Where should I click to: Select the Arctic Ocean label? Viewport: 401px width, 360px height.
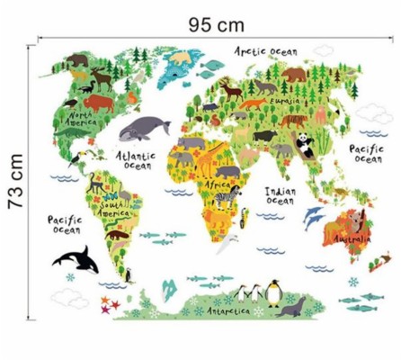click(265, 51)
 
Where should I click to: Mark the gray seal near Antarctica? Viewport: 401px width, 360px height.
click(290, 310)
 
